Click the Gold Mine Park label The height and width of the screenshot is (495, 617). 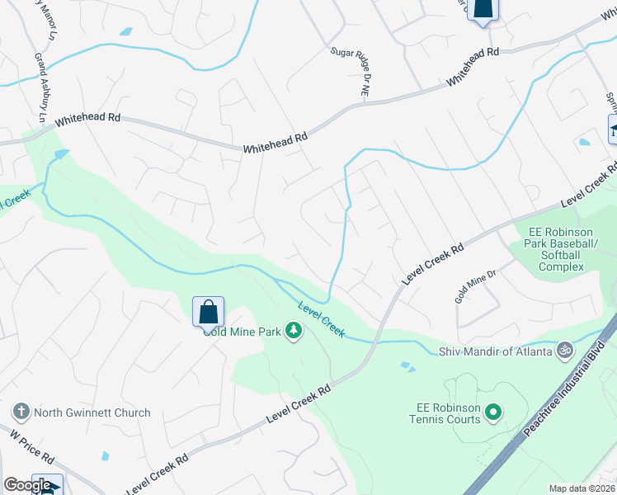243,332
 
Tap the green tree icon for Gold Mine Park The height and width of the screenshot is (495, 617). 293,332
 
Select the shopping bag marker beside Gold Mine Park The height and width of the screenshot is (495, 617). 209,312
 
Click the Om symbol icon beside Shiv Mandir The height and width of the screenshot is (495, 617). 564,350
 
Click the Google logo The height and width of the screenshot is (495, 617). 26,485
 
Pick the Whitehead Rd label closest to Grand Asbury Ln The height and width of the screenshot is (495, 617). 88,120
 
